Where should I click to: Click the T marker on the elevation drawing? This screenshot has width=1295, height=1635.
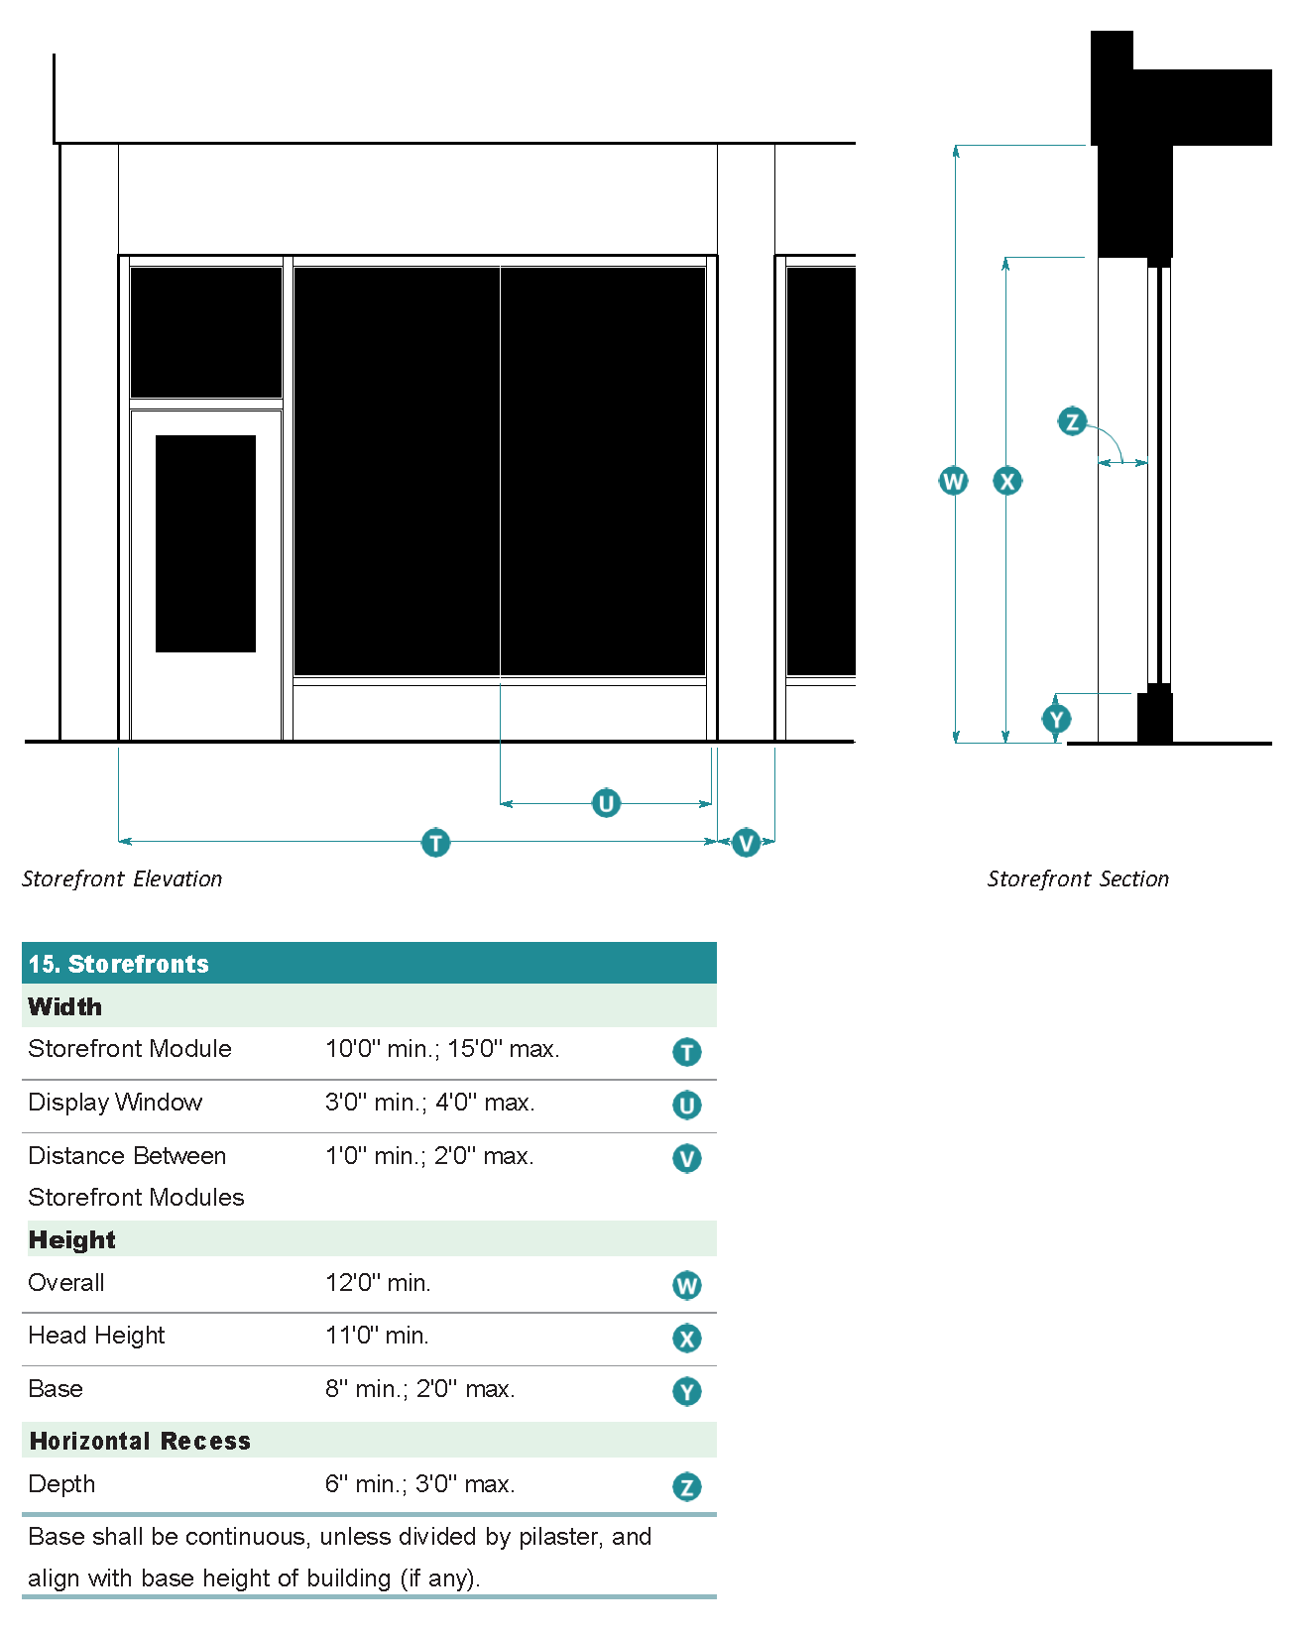pyautogui.click(x=435, y=843)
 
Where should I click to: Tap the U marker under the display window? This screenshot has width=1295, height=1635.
pyautogui.click(x=606, y=802)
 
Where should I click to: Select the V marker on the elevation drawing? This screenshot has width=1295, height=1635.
pyautogui.click(x=746, y=843)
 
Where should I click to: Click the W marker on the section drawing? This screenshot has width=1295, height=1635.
pyautogui.click(x=953, y=481)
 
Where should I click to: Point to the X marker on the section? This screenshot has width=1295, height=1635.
pyautogui.click(x=1007, y=481)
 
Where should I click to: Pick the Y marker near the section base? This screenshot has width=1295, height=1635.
pyautogui.click(x=1056, y=719)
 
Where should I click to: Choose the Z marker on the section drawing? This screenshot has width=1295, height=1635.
pyautogui.click(x=1072, y=421)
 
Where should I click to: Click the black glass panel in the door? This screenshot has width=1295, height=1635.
pyautogui.click(x=205, y=543)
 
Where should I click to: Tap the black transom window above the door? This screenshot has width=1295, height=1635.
pyautogui.click(x=205, y=332)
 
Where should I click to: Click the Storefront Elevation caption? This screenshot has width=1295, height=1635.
pyautogui.click(x=122, y=879)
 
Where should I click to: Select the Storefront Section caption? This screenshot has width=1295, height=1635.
pyautogui.click(x=1078, y=879)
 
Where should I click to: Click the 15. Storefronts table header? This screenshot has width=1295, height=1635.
pyautogui.click(x=119, y=964)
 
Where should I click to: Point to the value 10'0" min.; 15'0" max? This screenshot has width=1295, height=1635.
pyautogui.click(x=442, y=1049)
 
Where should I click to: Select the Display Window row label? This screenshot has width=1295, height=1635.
pyautogui.click(x=115, y=1103)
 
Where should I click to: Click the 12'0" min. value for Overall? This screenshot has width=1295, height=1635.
pyautogui.click(x=378, y=1283)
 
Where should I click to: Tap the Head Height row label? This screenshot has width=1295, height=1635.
pyautogui.click(x=96, y=1336)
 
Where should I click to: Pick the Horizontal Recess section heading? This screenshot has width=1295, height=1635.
pyautogui.click(x=140, y=1441)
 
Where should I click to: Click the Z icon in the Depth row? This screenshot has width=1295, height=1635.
pyautogui.click(x=686, y=1486)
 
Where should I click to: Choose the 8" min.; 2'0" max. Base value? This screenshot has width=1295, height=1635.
pyautogui.click(x=419, y=1389)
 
